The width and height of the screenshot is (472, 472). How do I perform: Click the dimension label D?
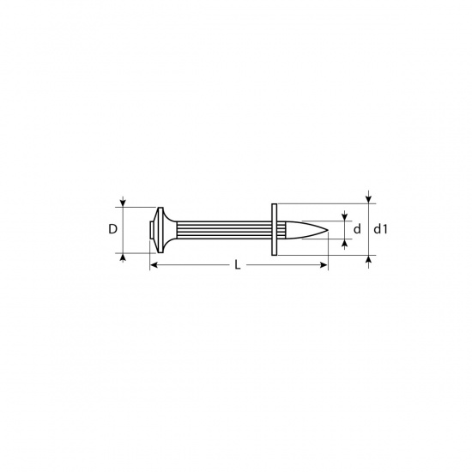pyautogui.click(x=112, y=229)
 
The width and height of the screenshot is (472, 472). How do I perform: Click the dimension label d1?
pyautogui.click(x=381, y=229)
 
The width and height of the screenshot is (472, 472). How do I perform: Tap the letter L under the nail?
pyautogui.click(x=238, y=265)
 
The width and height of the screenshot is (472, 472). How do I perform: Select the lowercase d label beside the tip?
pyautogui.click(x=357, y=229)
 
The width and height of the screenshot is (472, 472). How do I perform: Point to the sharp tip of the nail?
pyautogui.click(x=328, y=231)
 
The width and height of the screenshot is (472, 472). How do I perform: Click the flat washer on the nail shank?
pyautogui.click(x=275, y=229)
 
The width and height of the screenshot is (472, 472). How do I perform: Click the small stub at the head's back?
pyautogui.click(x=151, y=230)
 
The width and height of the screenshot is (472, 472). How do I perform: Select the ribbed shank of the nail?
pyautogui.click(x=224, y=230)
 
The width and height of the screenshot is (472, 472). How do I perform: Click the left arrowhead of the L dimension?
pyautogui.click(x=154, y=265)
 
